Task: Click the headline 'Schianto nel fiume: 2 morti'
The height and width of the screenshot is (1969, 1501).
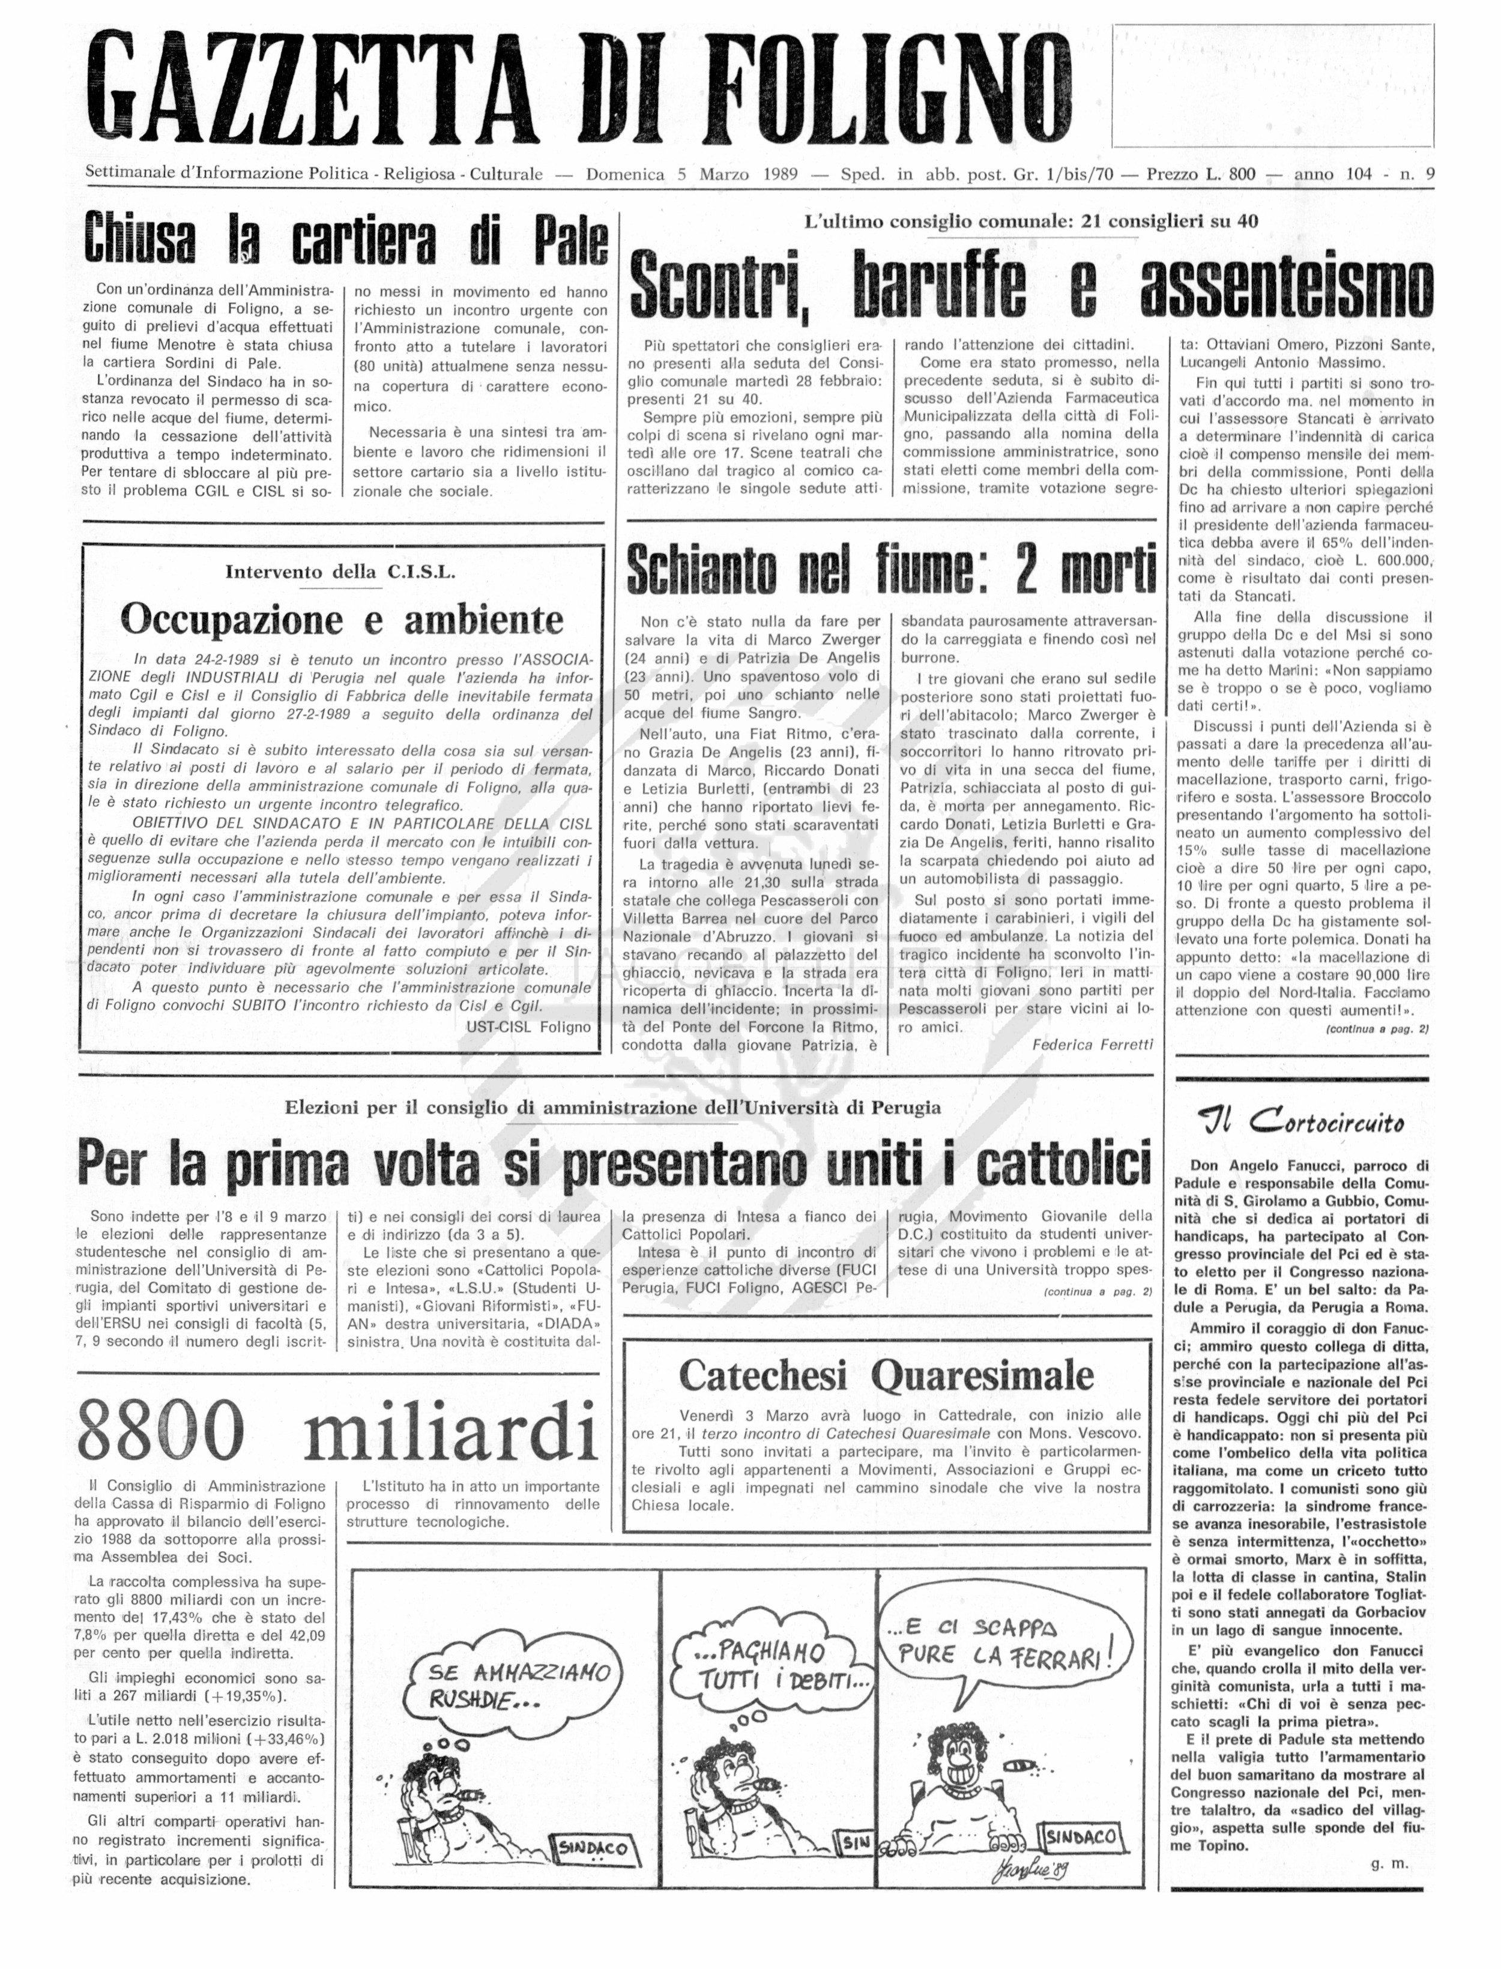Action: coord(892,570)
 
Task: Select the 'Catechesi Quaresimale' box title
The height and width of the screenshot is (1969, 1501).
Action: coord(886,1376)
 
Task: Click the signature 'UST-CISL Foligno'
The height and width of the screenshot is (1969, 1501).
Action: coord(528,1027)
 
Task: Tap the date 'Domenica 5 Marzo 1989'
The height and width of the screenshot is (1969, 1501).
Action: coord(692,174)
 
